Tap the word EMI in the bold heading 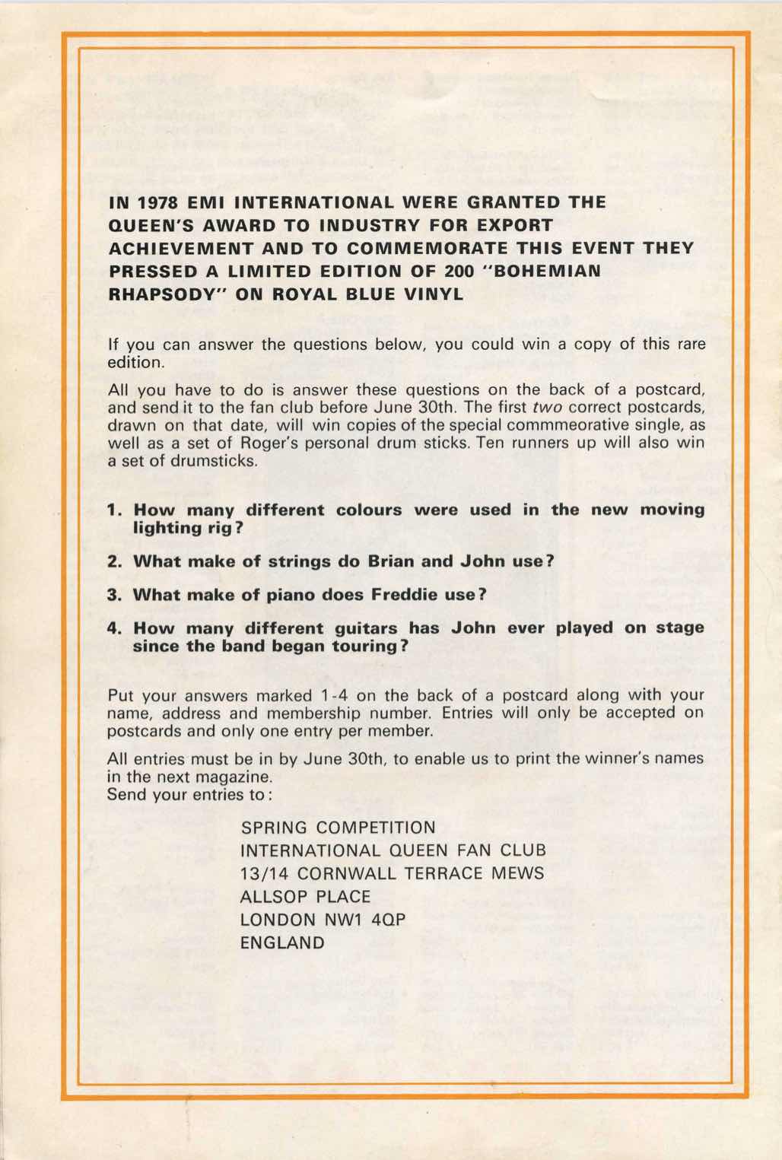(x=205, y=203)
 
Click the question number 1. (x=115, y=510)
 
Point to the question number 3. (x=115, y=595)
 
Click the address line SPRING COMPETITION (x=338, y=828)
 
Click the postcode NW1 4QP (x=366, y=920)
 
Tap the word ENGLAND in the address (x=282, y=943)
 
